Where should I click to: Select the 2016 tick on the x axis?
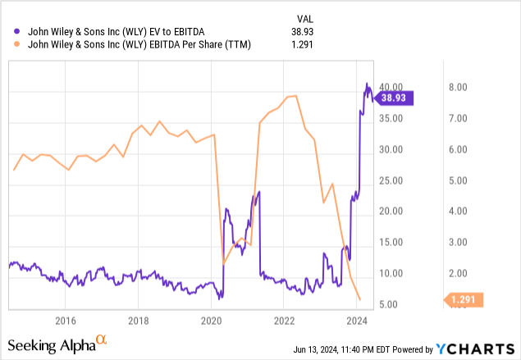coord(66,320)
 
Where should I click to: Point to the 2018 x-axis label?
coord(139,320)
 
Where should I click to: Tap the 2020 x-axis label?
coord(212,320)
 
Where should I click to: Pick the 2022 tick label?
coord(284,320)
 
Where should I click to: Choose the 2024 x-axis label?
coord(356,320)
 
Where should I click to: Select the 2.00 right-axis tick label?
coord(457,273)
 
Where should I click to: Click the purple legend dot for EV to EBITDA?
coord(9,31)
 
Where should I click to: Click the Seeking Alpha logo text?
coord(51,345)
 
